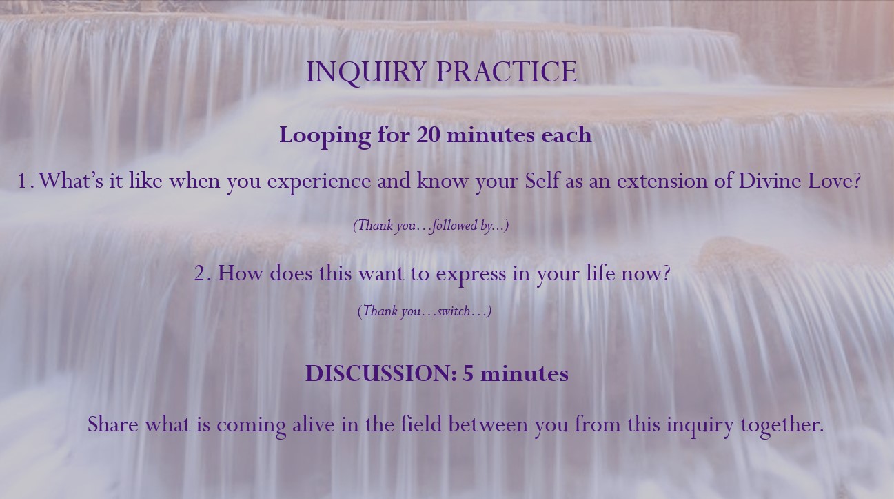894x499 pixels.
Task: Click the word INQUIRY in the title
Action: (365, 72)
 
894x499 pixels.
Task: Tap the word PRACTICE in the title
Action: (507, 72)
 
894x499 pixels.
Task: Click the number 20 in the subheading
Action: (429, 135)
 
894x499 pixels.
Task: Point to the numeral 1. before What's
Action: (26, 181)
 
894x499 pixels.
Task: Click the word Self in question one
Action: (542, 180)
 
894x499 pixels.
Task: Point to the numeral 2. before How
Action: (203, 274)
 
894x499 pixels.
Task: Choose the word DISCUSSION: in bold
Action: (381, 373)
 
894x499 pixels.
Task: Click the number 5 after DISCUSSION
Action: (468, 374)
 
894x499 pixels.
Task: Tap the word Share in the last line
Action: (113, 424)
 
